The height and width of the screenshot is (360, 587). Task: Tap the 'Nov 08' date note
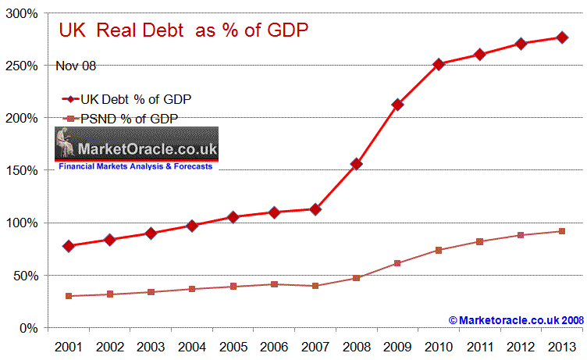click(76, 66)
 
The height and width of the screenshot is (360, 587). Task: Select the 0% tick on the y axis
click(28, 328)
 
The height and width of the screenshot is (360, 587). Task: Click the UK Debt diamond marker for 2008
click(356, 164)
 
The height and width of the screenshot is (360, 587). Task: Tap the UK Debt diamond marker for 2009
click(397, 105)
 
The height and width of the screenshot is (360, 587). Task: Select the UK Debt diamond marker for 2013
click(561, 37)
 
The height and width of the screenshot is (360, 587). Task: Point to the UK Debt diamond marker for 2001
click(69, 246)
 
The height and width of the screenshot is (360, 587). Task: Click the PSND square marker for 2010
click(439, 250)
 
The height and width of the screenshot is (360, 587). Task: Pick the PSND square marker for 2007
click(315, 286)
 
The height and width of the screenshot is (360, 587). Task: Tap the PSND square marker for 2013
click(561, 231)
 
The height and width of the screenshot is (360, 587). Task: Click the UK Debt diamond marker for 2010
click(439, 64)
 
